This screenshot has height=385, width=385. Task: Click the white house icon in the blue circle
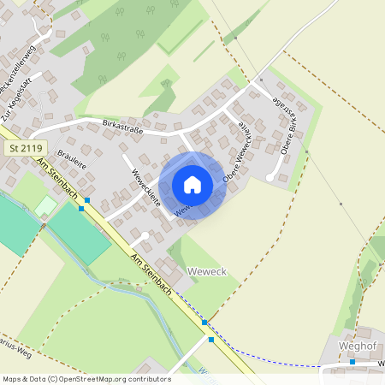(x=192, y=185)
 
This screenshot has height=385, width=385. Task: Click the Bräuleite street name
(x=74, y=164)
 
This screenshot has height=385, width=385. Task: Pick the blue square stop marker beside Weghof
(x=352, y=362)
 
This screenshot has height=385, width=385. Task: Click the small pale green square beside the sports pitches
(x=43, y=206)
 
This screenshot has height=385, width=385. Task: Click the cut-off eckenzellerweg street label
(x=19, y=64)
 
